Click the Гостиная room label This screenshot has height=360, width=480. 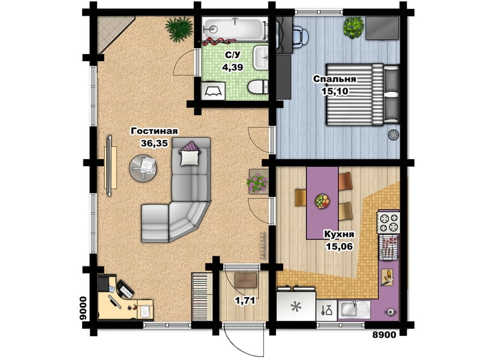[154, 131]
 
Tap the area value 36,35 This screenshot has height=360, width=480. [154, 143]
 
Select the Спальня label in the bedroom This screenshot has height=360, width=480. [335, 79]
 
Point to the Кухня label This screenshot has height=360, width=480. [339, 235]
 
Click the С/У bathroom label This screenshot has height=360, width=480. [233, 55]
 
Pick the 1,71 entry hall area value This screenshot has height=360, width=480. [245, 301]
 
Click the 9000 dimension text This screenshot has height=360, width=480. [83, 308]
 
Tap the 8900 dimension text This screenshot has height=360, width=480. [384, 335]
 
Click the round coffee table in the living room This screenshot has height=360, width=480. [143, 168]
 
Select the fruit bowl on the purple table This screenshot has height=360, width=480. [322, 202]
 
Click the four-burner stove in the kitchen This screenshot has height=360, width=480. [389, 222]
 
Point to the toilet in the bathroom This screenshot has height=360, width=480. [258, 87]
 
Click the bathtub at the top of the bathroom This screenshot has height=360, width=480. [234, 29]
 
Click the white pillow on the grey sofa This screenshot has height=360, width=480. [190, 158]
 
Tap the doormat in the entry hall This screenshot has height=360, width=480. [245, 280]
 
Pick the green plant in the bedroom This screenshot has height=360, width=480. [353, 26]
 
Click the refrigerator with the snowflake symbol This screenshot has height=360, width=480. [296, 306]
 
